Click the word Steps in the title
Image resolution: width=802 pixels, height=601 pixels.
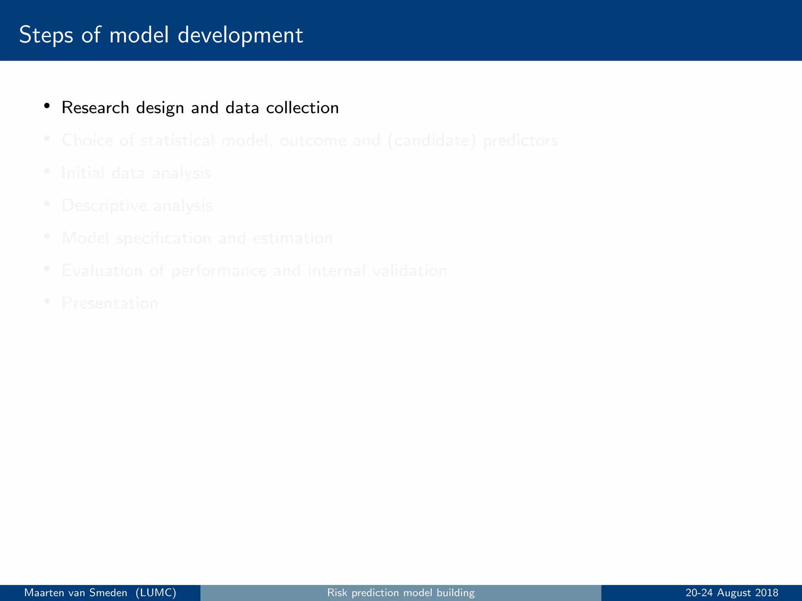point(46,35)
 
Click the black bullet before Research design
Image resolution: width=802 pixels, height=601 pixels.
point(47,106)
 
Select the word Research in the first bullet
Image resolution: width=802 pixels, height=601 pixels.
point(95,108)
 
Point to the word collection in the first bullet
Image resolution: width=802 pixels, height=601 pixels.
point(302,108)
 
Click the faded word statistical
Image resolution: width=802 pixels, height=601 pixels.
point(177,140)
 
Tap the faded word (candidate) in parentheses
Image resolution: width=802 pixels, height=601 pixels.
point(432,141)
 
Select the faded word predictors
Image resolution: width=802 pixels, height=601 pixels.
point(520,141)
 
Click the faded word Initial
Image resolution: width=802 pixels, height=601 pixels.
point(83,173)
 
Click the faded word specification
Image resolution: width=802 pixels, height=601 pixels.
point(164,238)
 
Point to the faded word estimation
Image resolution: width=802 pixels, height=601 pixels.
point(293,238)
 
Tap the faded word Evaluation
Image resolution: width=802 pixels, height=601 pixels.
point(102,271)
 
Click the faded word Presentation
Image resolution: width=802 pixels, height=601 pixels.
point(110,303)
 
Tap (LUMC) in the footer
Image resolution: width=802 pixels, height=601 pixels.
point(155,593)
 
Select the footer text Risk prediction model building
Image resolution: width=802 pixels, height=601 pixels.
point(401,593)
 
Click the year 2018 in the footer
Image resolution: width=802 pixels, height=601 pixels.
point(767,593)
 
